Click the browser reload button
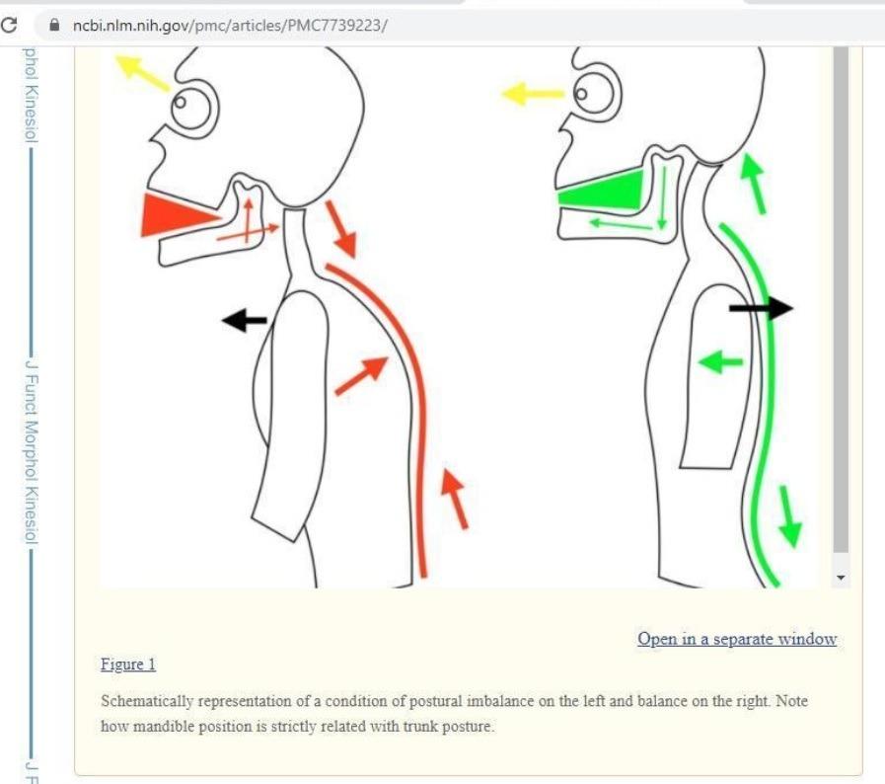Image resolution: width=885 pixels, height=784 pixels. [9, 25]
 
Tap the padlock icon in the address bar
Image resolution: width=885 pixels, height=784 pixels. [54, 25]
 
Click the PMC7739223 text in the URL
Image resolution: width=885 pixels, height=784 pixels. [334, 26]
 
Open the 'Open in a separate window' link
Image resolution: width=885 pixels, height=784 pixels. [737, 639]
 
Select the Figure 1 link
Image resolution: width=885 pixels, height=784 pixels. [128, 664]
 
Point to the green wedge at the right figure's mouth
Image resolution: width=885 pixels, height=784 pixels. [601, 190]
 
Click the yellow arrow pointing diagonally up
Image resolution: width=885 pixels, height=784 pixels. [142, 72]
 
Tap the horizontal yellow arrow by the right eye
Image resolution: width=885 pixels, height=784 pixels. [532, 93]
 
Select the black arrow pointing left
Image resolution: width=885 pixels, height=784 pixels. [245, 320]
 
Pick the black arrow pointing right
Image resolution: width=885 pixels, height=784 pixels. [762, 308]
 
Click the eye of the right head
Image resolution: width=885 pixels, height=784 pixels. [597, 95]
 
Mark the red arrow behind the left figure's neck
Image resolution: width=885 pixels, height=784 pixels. [341, 229]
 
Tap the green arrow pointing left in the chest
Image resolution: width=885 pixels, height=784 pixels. [720, 361]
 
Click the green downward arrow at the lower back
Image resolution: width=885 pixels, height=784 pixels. [789, 516]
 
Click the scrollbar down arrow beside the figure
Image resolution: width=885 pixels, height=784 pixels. [841, 578]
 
